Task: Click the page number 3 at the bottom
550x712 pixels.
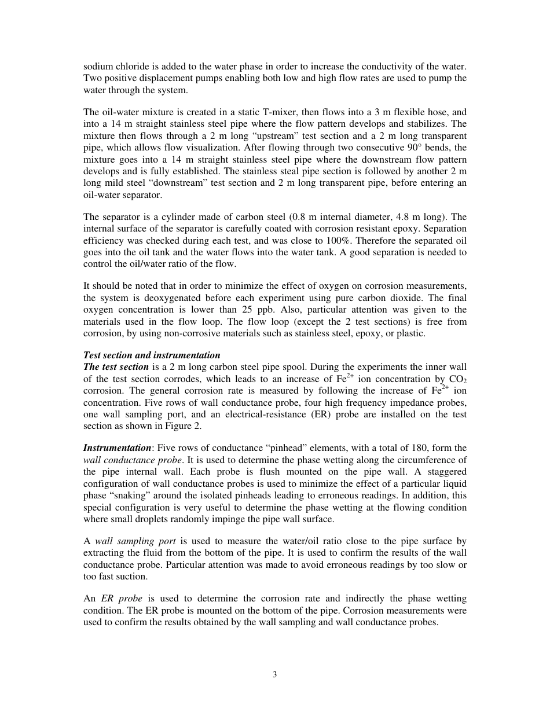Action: [x=275, y=674]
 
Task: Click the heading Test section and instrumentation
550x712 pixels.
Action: [x=152, y=355]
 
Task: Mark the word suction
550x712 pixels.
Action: [x=131, y=576]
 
